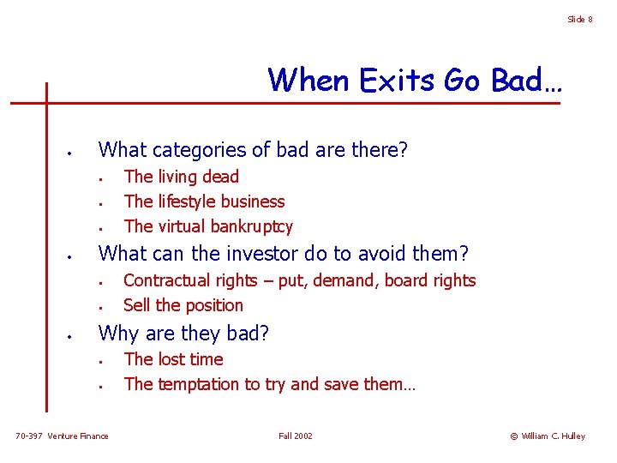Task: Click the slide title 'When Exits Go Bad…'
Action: pos(415,80)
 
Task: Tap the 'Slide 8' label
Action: pos(579,19)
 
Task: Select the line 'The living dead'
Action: pos(181,177)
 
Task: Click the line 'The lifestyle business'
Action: pos(204,201)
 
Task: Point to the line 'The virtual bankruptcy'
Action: pos(208,226)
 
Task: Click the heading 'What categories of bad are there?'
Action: pos(254,150)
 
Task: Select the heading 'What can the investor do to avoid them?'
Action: pos(284,254)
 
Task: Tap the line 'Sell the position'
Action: pos(183,305)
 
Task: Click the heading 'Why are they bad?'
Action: pos(185,333)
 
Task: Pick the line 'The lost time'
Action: pos(173,359)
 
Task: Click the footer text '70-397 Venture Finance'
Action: pos(63,436)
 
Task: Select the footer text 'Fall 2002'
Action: pos(296,436)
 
